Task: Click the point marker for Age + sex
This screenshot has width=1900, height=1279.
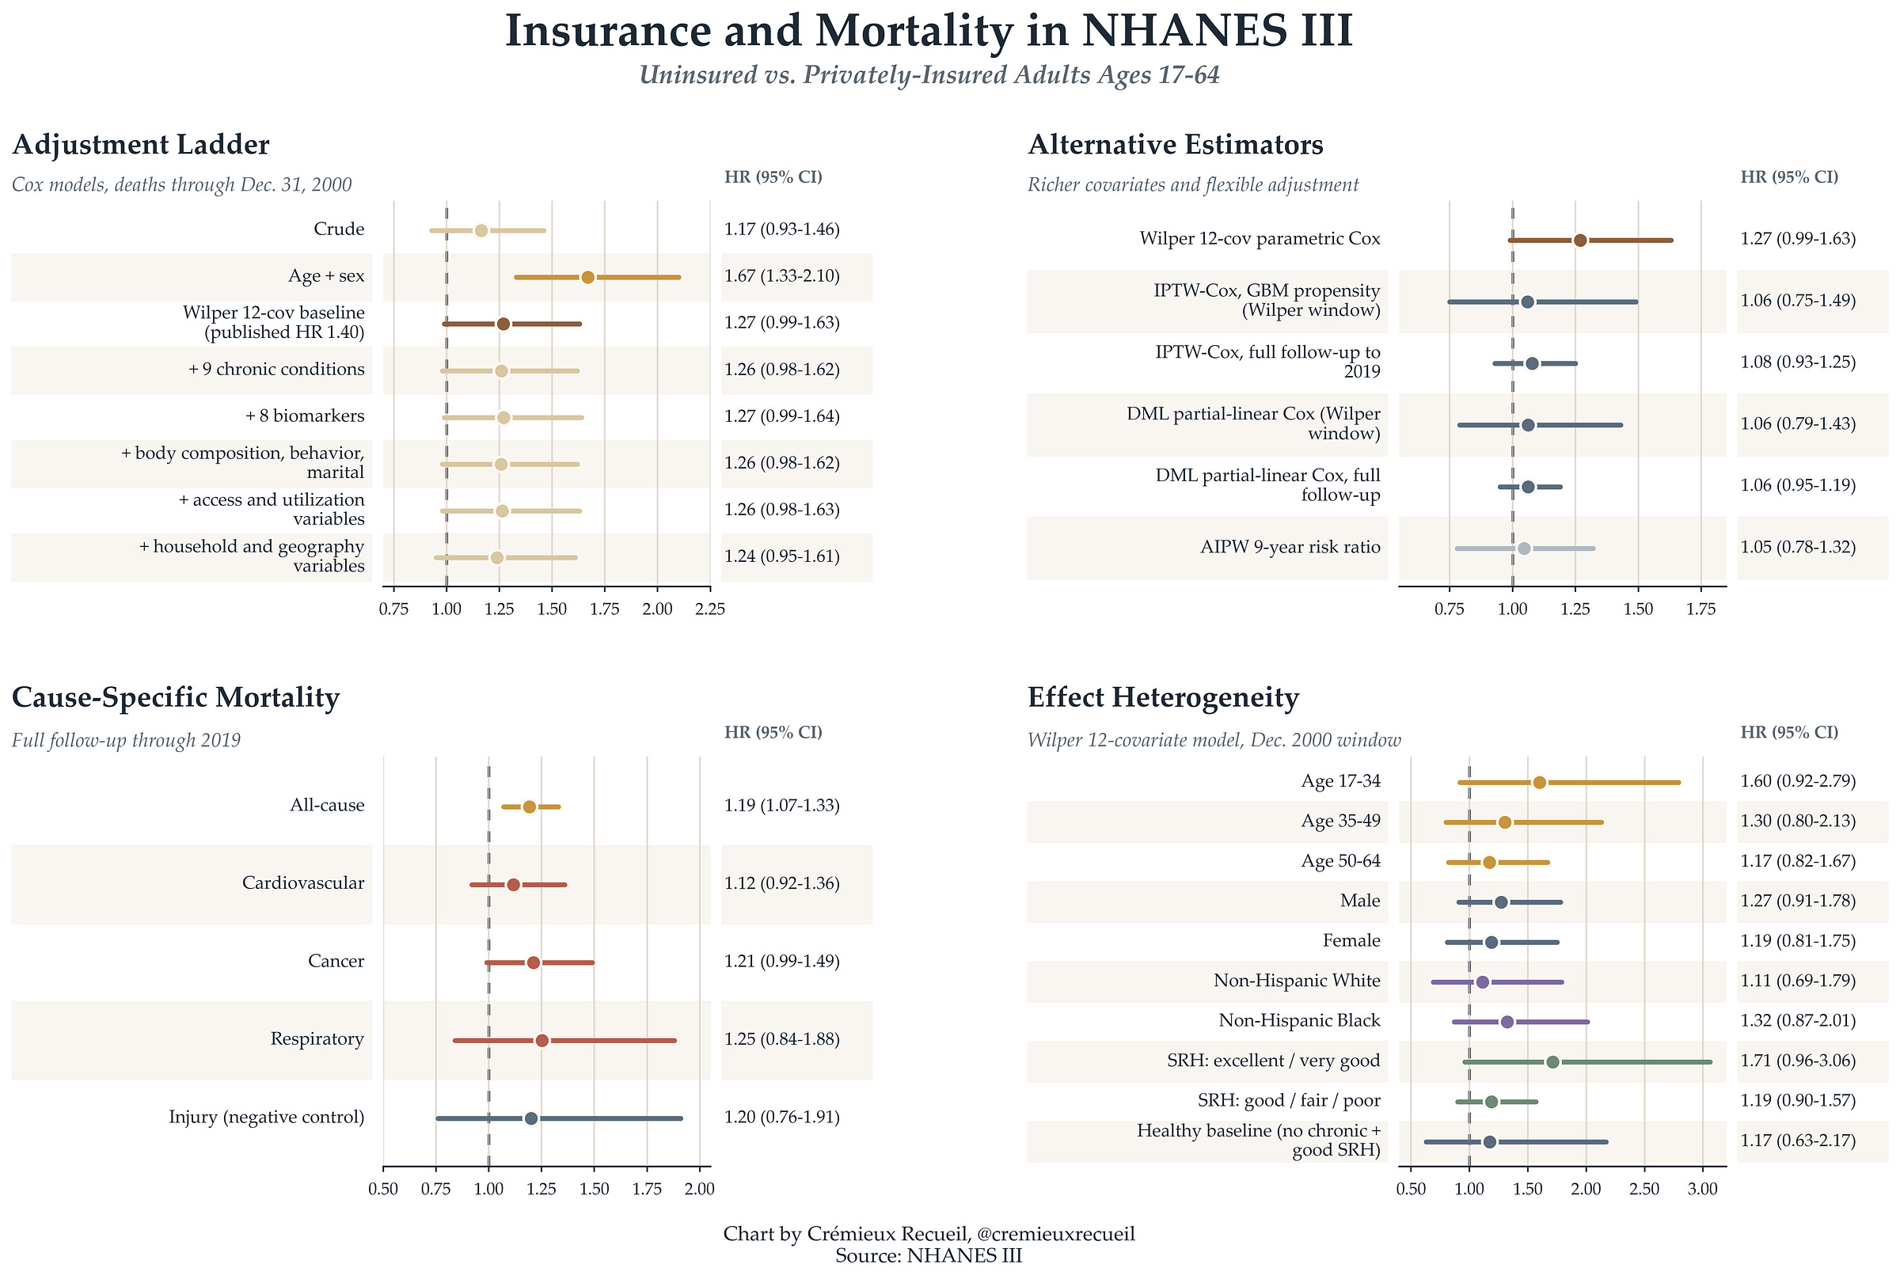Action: [587, 277]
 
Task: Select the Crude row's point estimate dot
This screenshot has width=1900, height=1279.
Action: [481, 230]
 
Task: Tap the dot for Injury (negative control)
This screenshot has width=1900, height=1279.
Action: [531, 1118]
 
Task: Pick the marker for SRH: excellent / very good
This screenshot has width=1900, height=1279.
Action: [1552, 1061]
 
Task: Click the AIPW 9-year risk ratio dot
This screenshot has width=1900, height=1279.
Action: [1523, 548]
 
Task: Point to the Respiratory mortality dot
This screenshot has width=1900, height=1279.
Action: [541, 1040]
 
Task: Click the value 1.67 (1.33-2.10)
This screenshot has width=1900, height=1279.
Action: [781, 275]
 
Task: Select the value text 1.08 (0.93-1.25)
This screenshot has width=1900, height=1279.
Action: [1798, 362]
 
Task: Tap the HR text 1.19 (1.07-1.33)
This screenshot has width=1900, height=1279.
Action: [781, 805]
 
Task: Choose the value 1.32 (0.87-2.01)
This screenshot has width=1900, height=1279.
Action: [1798, 1020]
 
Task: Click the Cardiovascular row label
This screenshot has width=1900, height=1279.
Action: [302, 882]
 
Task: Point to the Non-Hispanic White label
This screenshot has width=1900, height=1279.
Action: [1296, 981]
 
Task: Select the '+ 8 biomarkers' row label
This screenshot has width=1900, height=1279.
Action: [304, 416]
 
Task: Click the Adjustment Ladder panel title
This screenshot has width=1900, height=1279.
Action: [140, 144]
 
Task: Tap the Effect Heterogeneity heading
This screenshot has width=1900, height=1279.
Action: [1162, 697]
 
